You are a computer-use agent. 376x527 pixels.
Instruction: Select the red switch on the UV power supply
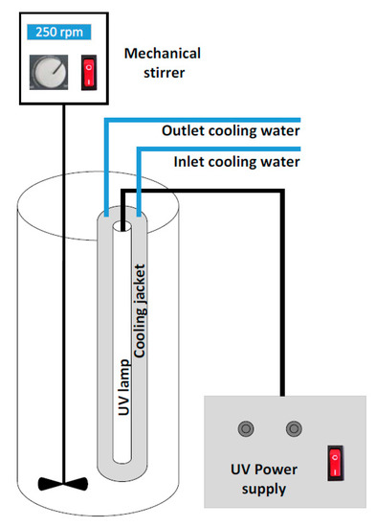pos(335,464)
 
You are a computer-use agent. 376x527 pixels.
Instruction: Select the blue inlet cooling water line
pos(220,149)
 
